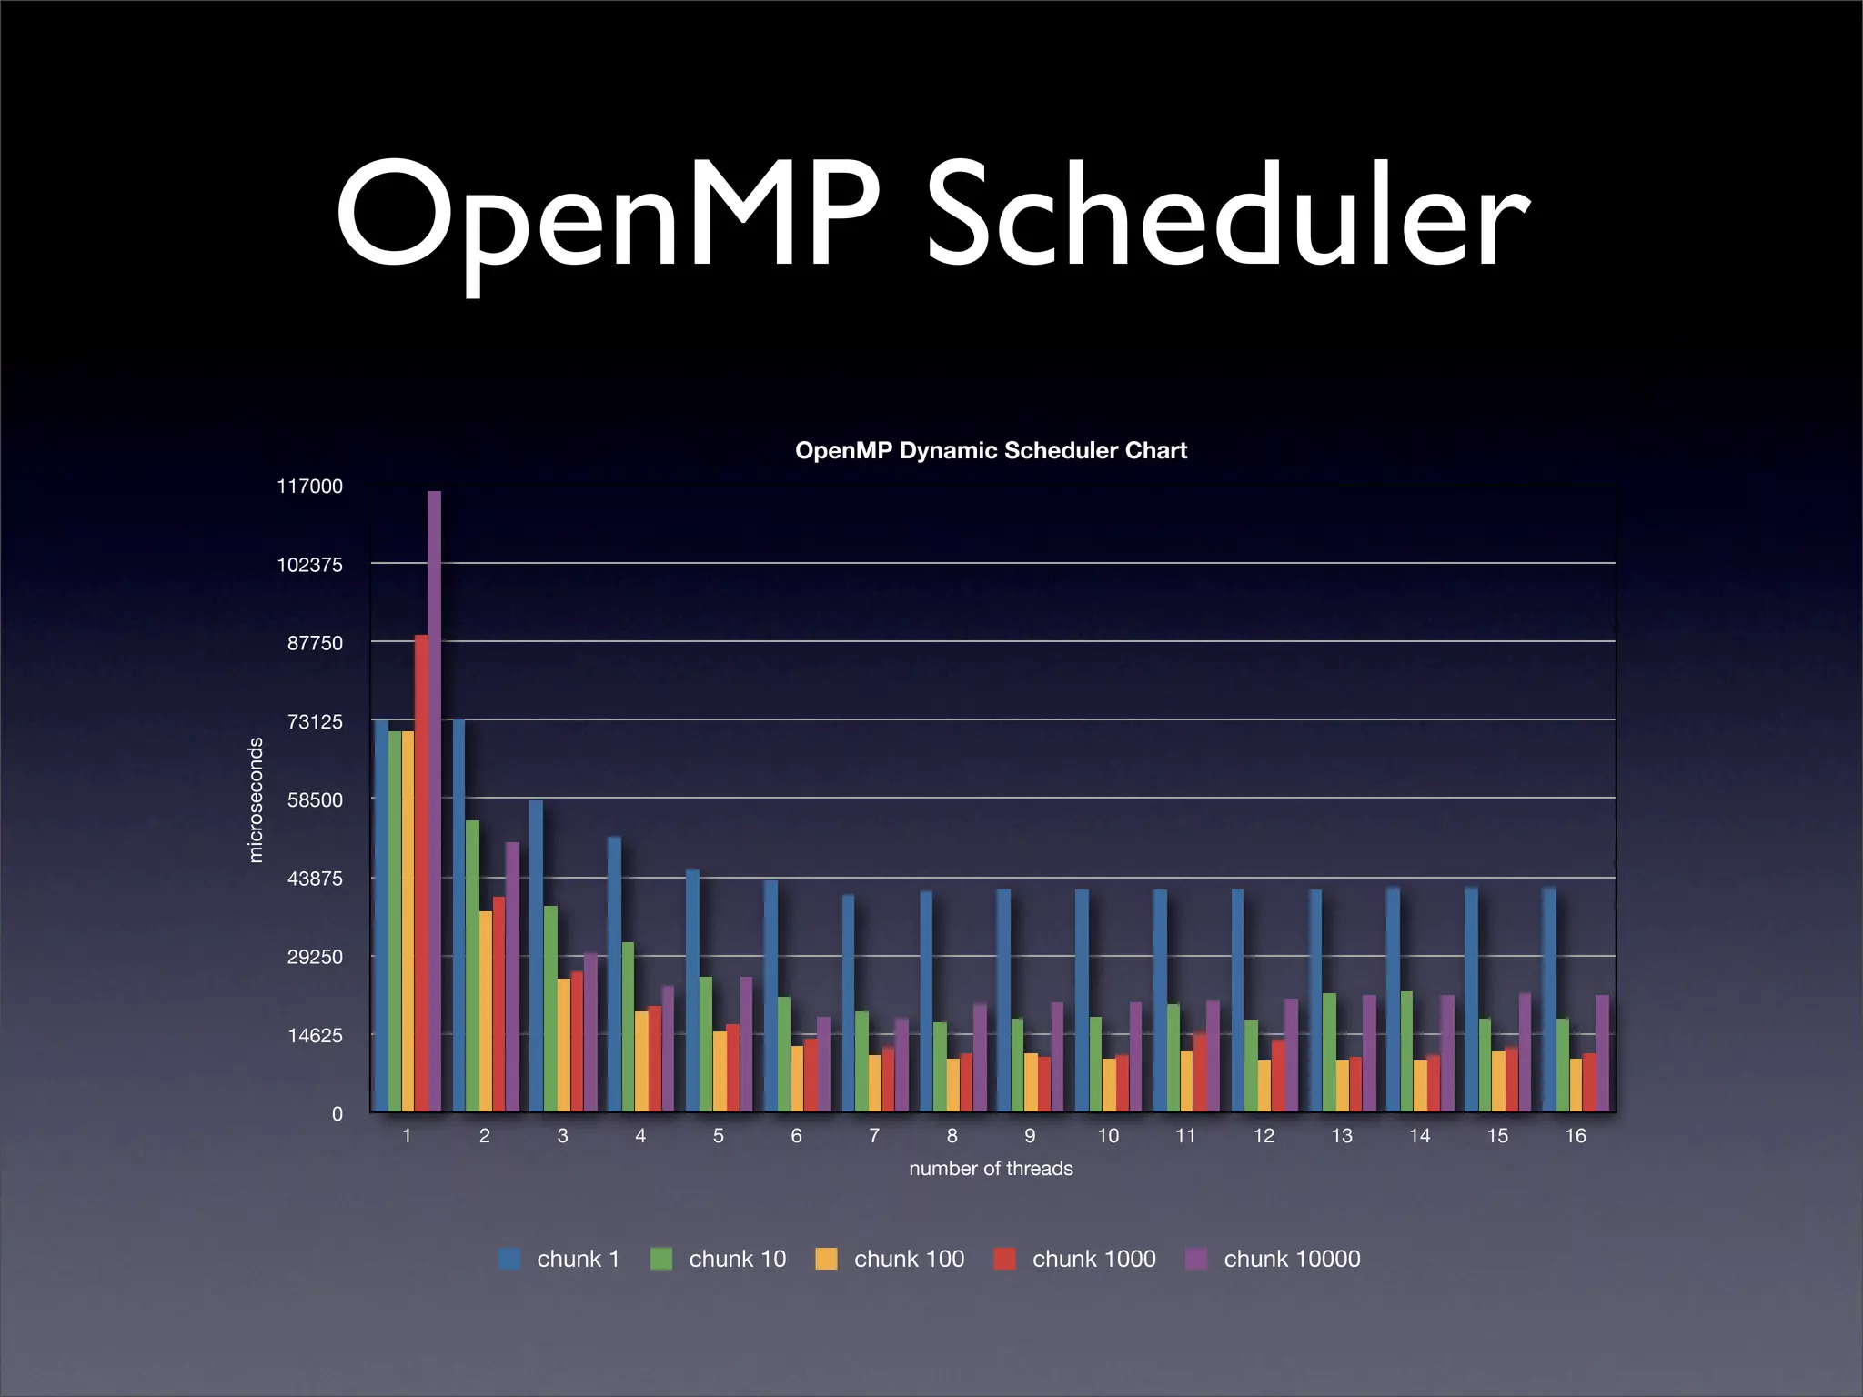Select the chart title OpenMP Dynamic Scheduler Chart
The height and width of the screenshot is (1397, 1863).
pos(991,451)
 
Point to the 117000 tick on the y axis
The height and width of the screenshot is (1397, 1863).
pos(309,487)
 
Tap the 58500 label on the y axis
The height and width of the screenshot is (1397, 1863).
pos(315,800)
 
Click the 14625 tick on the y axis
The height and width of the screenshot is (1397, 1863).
pos(315,1036)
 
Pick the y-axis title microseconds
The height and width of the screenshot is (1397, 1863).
pos(256,799)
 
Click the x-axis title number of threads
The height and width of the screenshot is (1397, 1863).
pos(991,1169)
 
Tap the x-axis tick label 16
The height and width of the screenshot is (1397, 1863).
pos(1575,1136)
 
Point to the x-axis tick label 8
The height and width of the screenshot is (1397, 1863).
pos(952,1136)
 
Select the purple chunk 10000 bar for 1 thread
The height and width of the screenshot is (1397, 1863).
pos(434,800)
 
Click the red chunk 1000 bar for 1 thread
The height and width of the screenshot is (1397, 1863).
pos(421,873)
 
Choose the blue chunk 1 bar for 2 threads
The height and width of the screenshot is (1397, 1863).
pos(459,914)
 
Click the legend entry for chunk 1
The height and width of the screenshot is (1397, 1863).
pos(559,1259)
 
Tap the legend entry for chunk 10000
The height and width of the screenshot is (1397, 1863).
pos(1274,1259)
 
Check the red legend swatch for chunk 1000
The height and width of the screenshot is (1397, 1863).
pos(1004,1260)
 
